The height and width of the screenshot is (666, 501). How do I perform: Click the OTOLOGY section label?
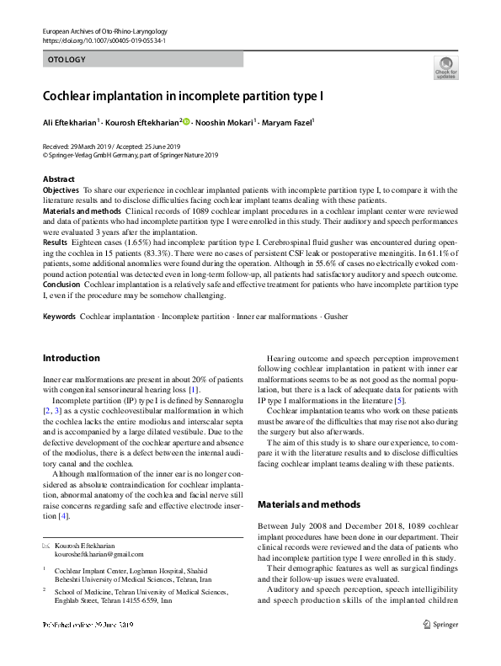67,60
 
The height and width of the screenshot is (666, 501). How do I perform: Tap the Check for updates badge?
445,67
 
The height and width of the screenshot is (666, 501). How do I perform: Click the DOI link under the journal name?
104,40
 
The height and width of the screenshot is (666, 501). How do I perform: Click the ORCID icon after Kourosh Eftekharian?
186,122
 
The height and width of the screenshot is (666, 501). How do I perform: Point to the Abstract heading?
59,179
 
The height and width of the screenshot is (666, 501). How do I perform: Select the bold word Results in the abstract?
56,241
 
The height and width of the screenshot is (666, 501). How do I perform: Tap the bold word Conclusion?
62,285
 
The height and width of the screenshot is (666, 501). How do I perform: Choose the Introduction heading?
71,359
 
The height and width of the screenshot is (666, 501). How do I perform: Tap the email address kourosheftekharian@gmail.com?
99,555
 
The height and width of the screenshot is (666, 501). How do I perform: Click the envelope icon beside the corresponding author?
46,546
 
